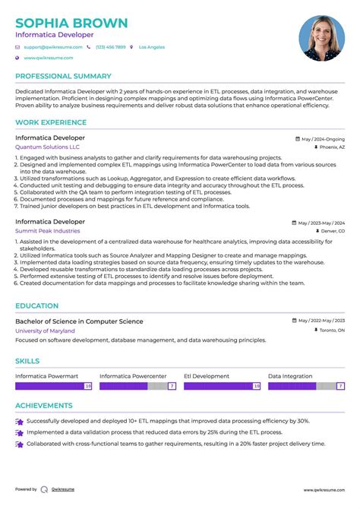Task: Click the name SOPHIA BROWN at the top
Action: click(x=71, y=23)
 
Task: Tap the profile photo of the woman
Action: click(x=321, y=39)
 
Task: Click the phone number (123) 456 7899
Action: click(x=111, y=47)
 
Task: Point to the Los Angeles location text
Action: click(x=152, y=47)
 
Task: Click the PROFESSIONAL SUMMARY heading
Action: click(x=63, y=77)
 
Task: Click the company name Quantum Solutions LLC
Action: click(x=47, y=147)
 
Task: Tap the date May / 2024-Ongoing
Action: click(x=322, y=139)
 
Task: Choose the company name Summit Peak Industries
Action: click(x=47, y=230)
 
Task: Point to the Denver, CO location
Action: click(x=332, y=231)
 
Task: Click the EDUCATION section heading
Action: click(x=36, y=306)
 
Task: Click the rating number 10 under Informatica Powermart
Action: click(x=87, y=386)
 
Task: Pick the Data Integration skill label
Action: click(x=290, y=376)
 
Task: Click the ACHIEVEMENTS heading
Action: click(x=43, y=406)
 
